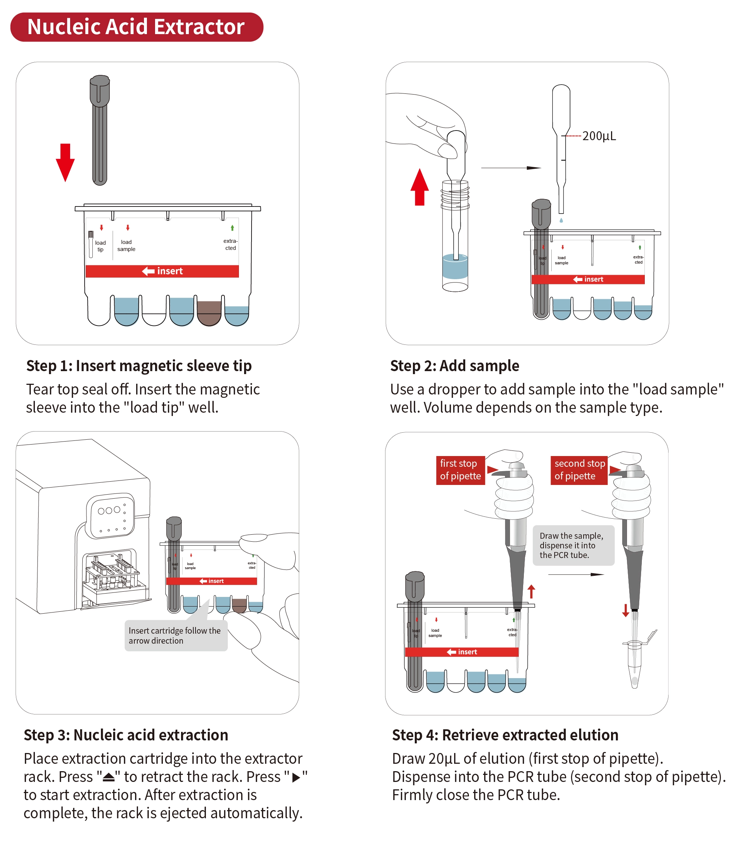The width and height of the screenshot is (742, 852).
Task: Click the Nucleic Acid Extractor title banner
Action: point(137,27)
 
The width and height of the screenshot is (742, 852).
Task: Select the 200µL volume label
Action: point(599,136)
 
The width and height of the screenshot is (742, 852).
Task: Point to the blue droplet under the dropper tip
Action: point(561,220)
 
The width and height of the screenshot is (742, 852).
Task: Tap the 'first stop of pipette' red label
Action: point(460,470)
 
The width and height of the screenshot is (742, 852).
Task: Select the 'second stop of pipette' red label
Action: point(579,470)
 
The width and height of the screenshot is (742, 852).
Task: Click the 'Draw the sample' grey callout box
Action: point(573,545)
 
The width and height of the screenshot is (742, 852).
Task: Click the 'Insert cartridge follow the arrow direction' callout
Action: point(175,635)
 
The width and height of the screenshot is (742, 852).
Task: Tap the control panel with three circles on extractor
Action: point(111,515)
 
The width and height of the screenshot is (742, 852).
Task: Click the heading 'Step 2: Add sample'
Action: point(454,366)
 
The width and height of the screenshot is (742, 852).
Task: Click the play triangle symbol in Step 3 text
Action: point(296,777)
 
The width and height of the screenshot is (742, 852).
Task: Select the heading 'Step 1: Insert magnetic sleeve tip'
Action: point(139,366)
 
